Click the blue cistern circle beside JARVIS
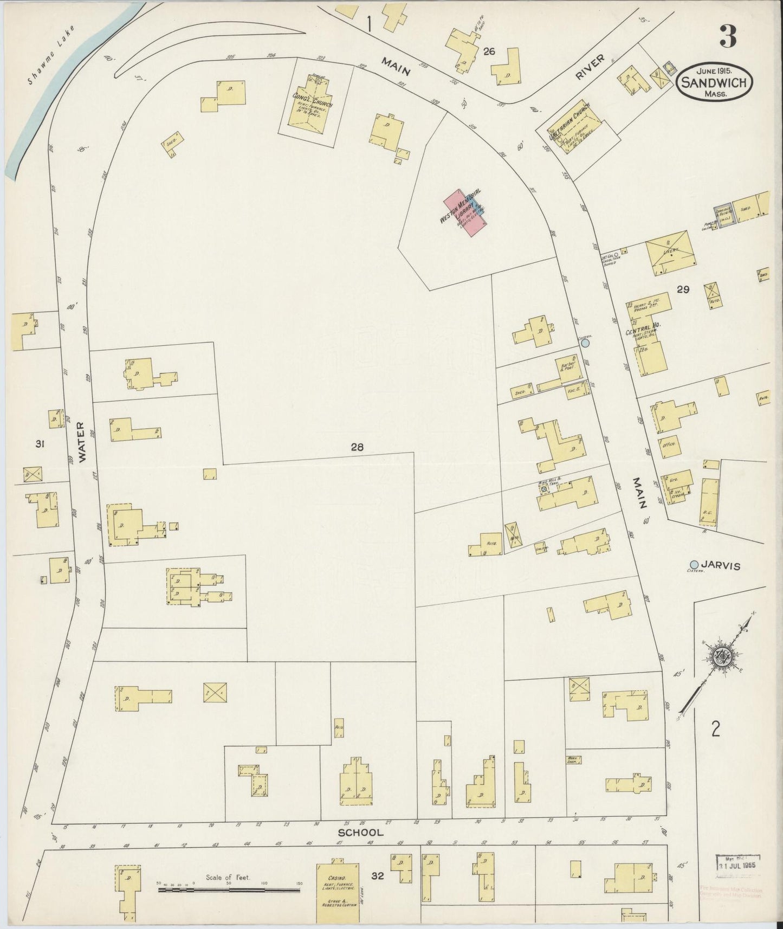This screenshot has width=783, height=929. point(694,563)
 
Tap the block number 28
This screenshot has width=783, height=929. point(357,447)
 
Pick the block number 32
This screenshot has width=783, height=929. point(377,875)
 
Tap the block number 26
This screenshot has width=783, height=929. point(489,51)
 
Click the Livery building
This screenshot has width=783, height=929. point(668,253)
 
